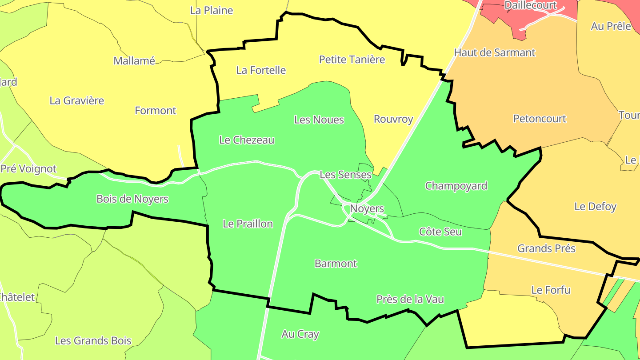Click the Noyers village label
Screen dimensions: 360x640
pyautogui.click(x=367, y=208)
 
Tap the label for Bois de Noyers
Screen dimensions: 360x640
pyautogui.click(x=132, y=199)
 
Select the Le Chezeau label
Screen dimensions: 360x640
pyautogui.click(x=247, y=140)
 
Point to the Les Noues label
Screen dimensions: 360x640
pyautogui.click(x=319, y=120)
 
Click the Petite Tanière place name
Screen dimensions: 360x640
pyautogui.click(x=352, y=59)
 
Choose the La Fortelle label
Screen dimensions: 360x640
pyautogui.click(x=261, y=70)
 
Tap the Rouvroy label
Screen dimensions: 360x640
pyautogui.click(x=393, y=119)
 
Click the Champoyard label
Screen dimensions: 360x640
pyautogui.click(x=456, y=186)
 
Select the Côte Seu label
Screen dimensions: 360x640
pyautogui.click(x=440, y=232)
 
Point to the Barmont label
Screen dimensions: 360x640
pyautogui.click(x=336, y=264)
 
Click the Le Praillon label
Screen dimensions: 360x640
pyautogui.click(x=248, y=224)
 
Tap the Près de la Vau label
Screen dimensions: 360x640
pyautogui.click(x=410, y=299)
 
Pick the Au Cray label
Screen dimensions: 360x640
pyautogui.click(x=300, y=334)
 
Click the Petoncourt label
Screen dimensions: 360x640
pyautogui.click(x=540, y=119)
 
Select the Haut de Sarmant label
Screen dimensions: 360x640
pyautogui.click(x=494, y=52)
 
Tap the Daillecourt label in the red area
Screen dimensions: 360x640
pyautogui.click(x=530, y=5)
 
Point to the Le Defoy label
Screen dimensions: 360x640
pyautogui.click(x=595, y=206)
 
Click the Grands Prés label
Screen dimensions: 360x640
pyautogui.click(x=546, y=248)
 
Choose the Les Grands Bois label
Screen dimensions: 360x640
pyautogui.click(x=93, y=341)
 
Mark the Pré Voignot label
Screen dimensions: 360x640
pyautogui.click(x=28, y=169)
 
